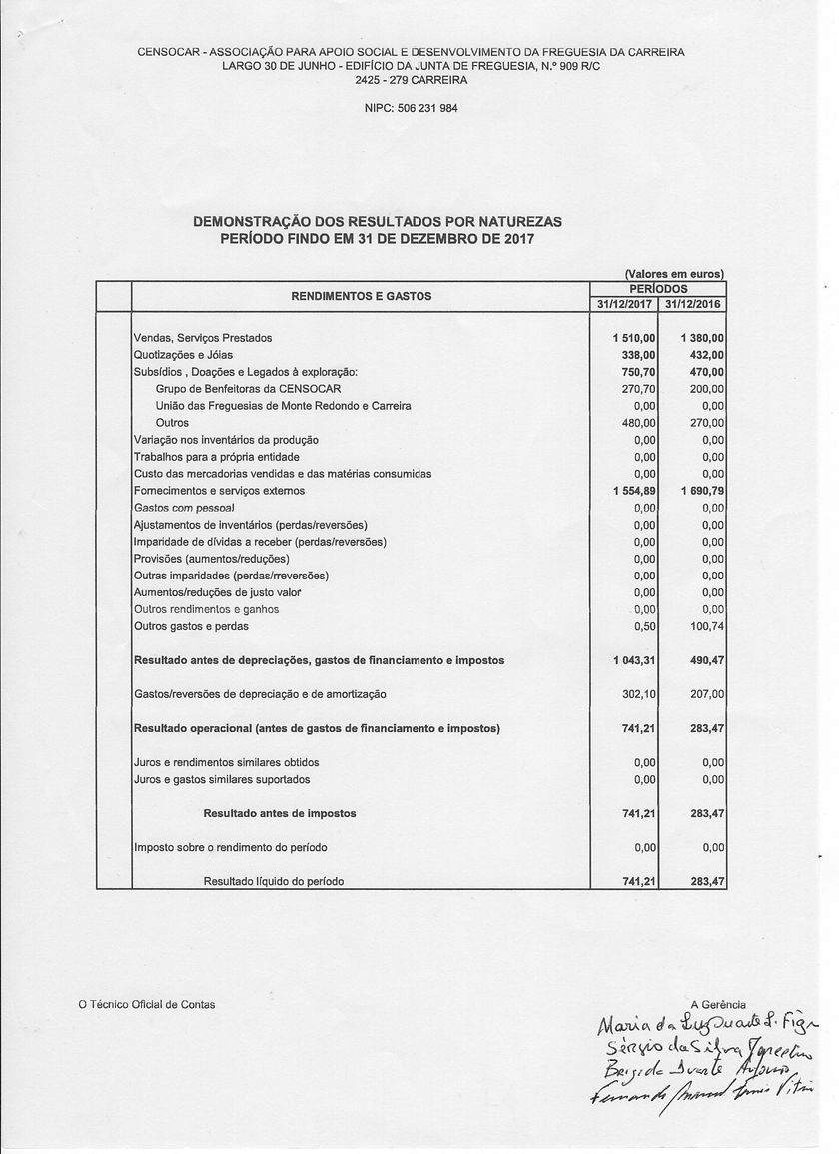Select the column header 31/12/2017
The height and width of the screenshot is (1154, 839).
pos(624,304)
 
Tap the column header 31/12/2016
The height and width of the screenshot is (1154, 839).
pos(693,304)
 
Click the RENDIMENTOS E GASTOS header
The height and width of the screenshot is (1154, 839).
pos(361,296)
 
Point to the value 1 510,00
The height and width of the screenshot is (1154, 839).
pos(634,338)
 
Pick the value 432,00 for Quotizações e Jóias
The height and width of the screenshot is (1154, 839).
pos(706,355)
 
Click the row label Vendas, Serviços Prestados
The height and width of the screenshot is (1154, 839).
pos(203,338)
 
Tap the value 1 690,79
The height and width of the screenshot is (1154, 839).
pos(702,491)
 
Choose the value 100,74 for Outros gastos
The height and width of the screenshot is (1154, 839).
pos(706,626)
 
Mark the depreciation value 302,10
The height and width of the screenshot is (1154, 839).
pos(638,694)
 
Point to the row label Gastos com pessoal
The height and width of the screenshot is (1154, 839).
pos(184,508)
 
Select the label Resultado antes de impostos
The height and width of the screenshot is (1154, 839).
pos(280,813)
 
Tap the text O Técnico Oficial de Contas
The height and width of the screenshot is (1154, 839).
pos(147,1004)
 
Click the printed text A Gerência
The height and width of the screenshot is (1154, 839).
pos(717,1004)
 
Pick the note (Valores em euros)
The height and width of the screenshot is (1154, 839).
pos(674,274)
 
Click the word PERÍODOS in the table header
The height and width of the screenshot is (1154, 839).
pos(658,288)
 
